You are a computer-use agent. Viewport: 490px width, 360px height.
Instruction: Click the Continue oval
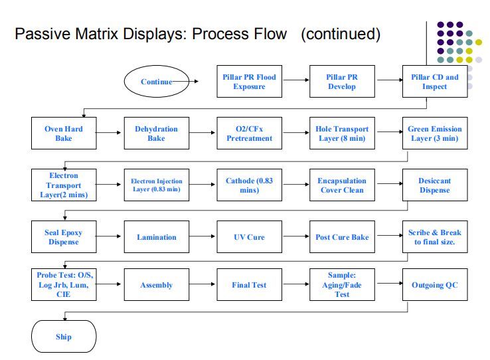pyautogui.click(x=157, y=82)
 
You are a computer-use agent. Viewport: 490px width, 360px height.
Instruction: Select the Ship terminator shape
pyautogui.click(x=64, y=336)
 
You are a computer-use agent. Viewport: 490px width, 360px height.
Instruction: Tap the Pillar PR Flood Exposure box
pyautogui.click(x=249, y=82)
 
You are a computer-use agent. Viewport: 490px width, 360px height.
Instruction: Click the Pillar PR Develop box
pyautogui.click(x=342, y=82)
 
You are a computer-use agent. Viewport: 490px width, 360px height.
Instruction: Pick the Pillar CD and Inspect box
pyautogui.click(x=435, y=82)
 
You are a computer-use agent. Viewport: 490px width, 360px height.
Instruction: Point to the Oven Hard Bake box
pyautogui.click(x=63, y=134)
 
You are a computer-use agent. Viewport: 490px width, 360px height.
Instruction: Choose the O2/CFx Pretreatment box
pyautogui.click(x=249, y=134)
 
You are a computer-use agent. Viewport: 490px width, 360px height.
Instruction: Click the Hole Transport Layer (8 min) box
pyautogui.click(x=342, y=134)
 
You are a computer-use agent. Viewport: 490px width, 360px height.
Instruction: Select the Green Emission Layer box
pyautogui.click(x=435, y=134)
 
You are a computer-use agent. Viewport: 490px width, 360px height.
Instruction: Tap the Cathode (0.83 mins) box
pyautogui.click(x=249, y=185)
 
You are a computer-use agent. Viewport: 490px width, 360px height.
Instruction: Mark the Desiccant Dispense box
pyautogui.click(x=435, y=185)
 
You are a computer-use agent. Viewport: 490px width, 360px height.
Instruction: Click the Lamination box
pyautogui.click(x=156, y=237)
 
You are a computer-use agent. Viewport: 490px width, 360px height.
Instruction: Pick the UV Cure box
pyautogui.click(x=249, y=237)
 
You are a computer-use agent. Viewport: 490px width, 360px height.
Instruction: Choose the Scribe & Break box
pyautogui.click(x=435, y=237)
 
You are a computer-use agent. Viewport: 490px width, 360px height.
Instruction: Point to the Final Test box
pyautogui.click(x=249, y=285)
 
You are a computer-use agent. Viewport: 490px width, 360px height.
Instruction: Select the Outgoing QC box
pyautogui.click(x=435, y=285)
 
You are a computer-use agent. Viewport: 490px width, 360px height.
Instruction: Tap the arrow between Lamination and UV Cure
pyautogui.click(x=203, y=237)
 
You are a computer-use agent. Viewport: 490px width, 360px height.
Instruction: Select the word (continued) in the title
pyautogui.click(x=341, y=33)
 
